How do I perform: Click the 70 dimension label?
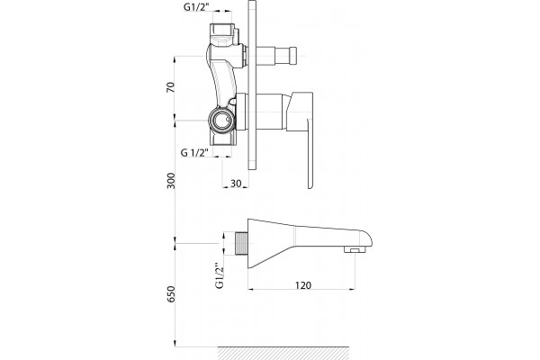pos(170,87)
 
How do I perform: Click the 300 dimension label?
pos(171,181)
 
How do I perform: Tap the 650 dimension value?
pos(171,294)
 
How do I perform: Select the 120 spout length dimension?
pos(303,285)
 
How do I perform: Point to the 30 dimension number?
pos(236,184)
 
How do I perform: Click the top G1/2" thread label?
pos(196,6)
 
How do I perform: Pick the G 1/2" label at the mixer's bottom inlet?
pos(195,152)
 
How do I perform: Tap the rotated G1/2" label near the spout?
pos(220,275)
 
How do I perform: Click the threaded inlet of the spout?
pos(241,244)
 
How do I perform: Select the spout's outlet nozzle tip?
pos(355,250)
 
